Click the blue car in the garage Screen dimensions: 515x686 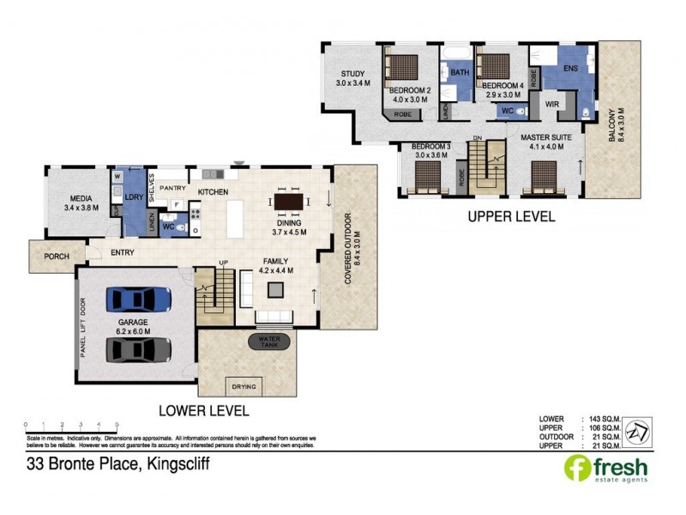138,300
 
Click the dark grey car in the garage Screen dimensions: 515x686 138,350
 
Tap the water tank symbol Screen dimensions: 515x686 268,342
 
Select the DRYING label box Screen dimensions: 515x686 244,387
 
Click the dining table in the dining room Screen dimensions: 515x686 288,202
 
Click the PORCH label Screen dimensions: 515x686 56,256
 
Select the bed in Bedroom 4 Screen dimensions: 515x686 495,65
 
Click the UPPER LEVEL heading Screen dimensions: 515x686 511,217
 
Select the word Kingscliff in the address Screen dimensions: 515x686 170,464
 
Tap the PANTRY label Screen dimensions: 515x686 172,187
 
